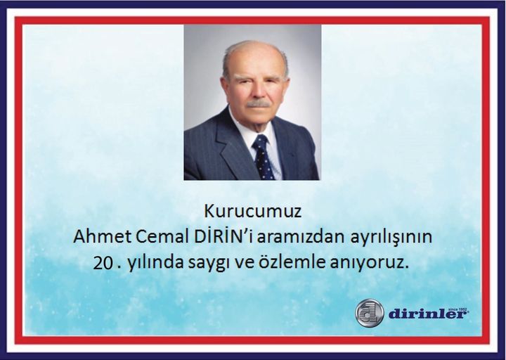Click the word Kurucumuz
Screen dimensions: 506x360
(253, 211)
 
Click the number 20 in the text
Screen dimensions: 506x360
(103, 263)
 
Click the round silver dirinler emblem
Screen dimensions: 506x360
(370, 313)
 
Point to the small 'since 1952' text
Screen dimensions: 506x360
(458, 309)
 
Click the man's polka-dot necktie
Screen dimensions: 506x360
(263, 157)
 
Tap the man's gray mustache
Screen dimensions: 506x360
(258, 104)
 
